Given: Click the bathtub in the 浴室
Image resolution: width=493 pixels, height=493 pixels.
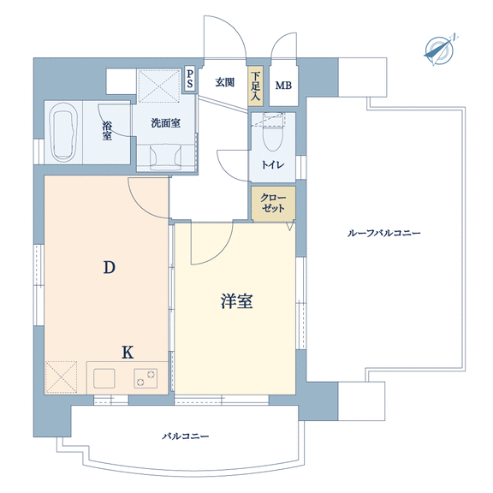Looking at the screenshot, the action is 65,132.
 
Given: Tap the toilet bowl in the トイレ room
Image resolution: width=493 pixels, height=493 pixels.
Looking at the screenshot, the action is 272,136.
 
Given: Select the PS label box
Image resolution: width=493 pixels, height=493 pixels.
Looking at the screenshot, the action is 190,80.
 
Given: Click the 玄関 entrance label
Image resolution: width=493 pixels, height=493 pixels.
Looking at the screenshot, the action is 225,82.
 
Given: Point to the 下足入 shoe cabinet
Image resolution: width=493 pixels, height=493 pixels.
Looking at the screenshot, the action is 255,86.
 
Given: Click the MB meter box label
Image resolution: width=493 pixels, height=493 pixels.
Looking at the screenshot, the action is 283,86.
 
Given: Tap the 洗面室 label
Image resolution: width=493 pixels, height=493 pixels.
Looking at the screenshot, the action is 166,123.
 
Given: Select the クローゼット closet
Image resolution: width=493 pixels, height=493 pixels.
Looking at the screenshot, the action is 273,204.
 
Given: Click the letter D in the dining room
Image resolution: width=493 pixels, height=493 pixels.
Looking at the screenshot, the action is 109,268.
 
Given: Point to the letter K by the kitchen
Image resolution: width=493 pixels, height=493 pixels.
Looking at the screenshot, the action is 128,352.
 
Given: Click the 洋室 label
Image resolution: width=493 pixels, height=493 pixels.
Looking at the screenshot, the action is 236,301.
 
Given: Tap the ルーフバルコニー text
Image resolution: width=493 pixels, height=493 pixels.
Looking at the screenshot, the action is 383,233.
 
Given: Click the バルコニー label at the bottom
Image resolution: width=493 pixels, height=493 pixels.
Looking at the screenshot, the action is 186,437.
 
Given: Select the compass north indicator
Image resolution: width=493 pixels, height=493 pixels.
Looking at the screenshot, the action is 440,50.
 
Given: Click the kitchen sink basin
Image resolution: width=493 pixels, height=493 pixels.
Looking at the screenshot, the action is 104,378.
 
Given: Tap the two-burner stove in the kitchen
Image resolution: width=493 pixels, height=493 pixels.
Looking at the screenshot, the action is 146,378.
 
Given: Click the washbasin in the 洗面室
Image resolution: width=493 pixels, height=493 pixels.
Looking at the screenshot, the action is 165,157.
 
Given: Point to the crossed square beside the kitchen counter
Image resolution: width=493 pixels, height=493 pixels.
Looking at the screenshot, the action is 61,377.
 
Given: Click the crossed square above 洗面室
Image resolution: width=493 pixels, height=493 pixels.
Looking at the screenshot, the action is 159,86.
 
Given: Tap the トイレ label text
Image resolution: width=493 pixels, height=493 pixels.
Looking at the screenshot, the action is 273,164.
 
